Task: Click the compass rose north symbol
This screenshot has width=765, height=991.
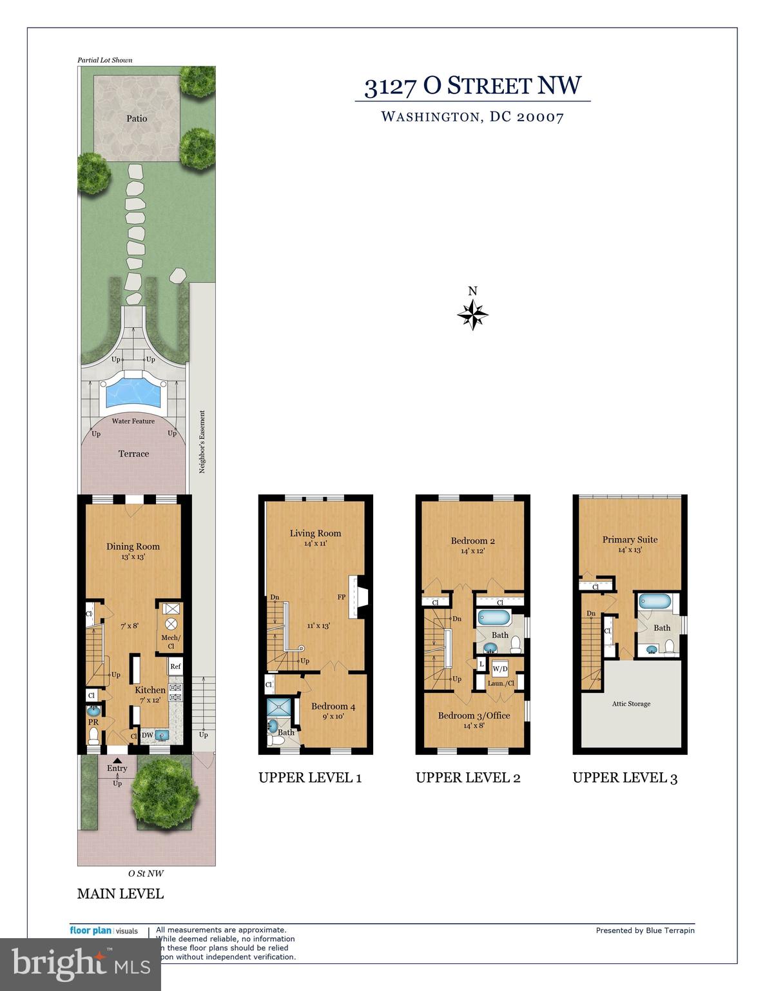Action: pyautogui.click(x=472, y=315)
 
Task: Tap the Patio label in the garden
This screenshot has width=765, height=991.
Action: pyautogui.click(x=137, y=119)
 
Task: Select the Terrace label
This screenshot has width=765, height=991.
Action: pyautogui.click(x=133, y=454)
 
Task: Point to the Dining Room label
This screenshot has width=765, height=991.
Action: pyautogui.click(x=133, y=546)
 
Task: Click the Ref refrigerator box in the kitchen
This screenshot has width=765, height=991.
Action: pyautogui.click(x=175, y=666)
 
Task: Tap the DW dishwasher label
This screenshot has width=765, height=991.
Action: pyautogui.click(x=148, y=735)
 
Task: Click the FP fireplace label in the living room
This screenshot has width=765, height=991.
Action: pyautogui.click(x=340, y=597)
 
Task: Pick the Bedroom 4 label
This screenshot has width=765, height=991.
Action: pyautogui.click(x=333, y=706)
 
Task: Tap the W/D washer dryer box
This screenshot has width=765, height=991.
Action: pyautogui.click(x=500, y=669)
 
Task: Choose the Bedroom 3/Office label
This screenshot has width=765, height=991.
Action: pyautogui.click(x=474, y=716)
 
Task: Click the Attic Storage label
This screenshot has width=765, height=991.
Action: pyautogui.click(x=631, y=704)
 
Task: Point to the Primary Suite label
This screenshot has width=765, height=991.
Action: pyautogui.click(x=630, y=539)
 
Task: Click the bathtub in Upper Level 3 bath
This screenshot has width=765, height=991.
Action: pyautogui.click(x=655, y=603)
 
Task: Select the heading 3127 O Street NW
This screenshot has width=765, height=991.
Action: pyautogui.click(x=472, y=86)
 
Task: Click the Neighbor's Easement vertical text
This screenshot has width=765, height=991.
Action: pyautogui.click(x=202, y=442)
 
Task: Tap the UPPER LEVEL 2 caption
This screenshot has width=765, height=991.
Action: pyautogui.click(x=468, y=777)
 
